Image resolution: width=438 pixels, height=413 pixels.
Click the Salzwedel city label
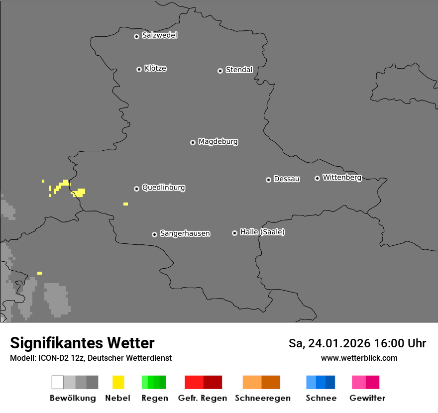pyautogui.click(x=159, y=35)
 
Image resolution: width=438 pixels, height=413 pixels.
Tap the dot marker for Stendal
pyautogui.click(x=220, y=71)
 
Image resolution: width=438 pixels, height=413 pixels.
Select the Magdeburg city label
pyautogui.click(x=218, y=142)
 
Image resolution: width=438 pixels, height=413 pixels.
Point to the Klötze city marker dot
pyautogui.click(x=139, y=69)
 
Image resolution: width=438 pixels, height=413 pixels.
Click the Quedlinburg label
pyautogui.click(x=163, y=188)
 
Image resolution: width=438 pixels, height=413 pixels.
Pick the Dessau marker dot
pyautogui.click(x=268, y=180)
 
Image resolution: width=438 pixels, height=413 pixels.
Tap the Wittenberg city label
pyautogui.click(x=342, y=177)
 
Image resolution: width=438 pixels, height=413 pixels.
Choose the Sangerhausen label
pyautogui.click(x=185, y=233)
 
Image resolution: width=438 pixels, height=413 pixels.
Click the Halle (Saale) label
pyautogui.click(x=262, y=232)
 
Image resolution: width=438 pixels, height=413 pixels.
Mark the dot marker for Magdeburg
pyautogui.click(x=193, y=142)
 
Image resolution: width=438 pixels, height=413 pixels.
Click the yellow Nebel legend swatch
pyautogui.click(x=118, y=382)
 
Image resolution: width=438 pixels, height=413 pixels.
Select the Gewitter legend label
pyautogui.click(x=367, y=398)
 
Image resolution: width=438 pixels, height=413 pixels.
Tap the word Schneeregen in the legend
pyautogui.click(x=262, y=398)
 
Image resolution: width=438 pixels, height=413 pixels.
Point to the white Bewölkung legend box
pyautogui.click(x=58, y=382)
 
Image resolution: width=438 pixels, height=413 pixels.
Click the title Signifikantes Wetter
pyautogui.click(x=82, y=343)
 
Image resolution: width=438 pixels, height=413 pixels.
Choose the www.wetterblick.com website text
pyautogui.click(x=359, y=358)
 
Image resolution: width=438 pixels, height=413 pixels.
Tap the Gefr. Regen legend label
pyautogui.click(x=202, y=398)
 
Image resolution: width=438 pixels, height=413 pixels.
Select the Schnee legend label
pyautogui.click(x=321, y=398)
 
